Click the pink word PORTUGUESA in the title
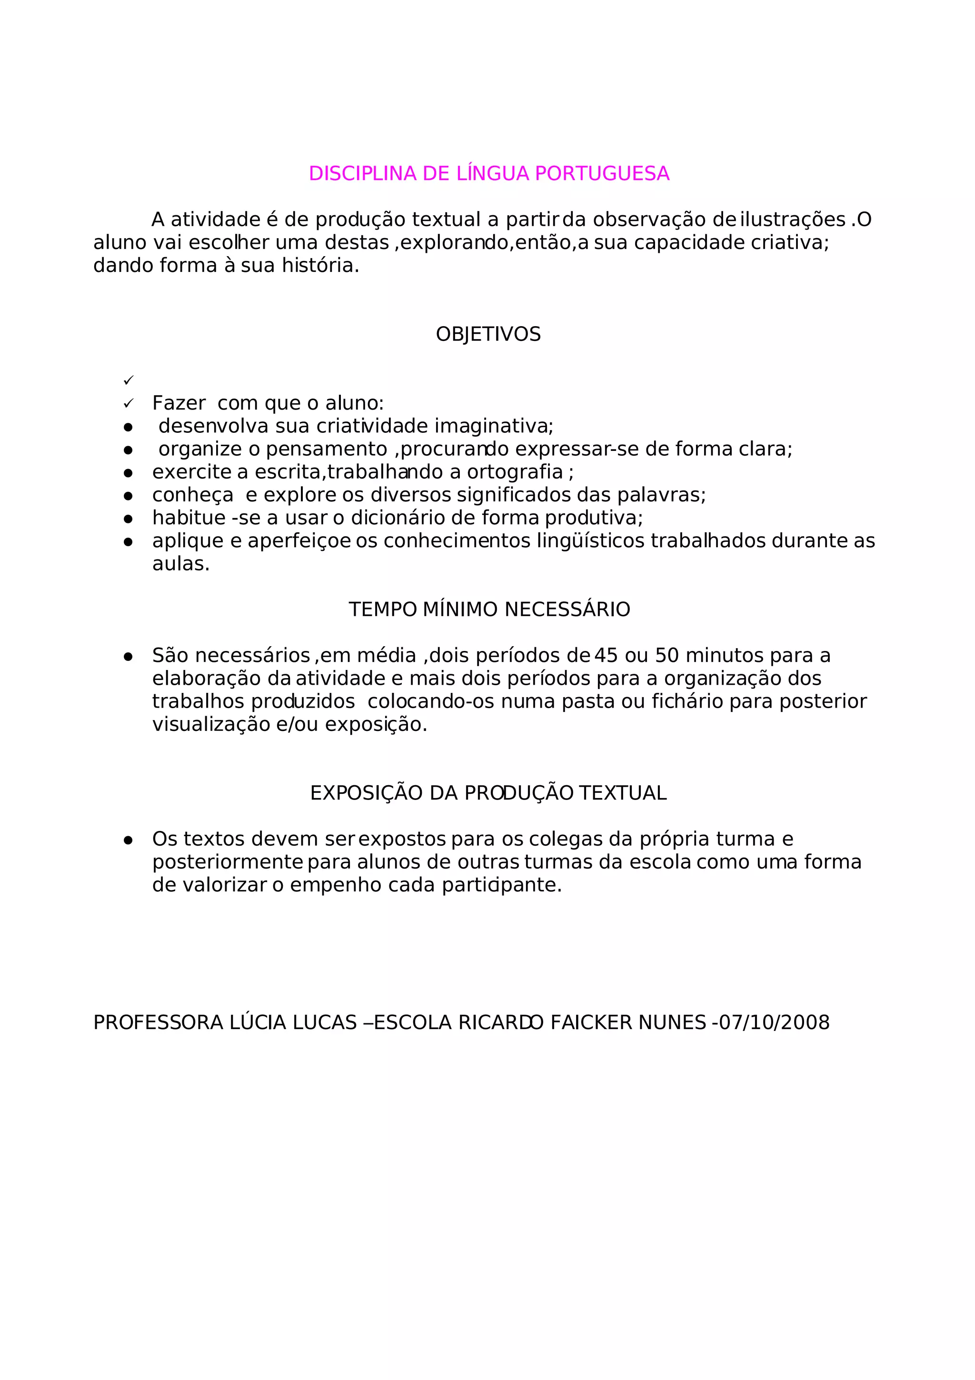coord(601,174)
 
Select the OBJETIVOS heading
coord(488,334)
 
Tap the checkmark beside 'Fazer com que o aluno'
coord(128,403)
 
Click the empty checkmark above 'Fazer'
coord(128,380)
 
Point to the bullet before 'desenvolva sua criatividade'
coord(128,427)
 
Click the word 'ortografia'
coord(515,472)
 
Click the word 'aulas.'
coord(181,564)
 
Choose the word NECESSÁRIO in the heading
coord(567,610)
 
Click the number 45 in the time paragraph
coord(606,656)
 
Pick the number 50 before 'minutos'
coord(667,656)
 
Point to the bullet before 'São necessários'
coord(128,656)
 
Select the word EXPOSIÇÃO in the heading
coord(367,793)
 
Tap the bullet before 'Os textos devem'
coord(128,840)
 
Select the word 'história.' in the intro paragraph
coord(320,266)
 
